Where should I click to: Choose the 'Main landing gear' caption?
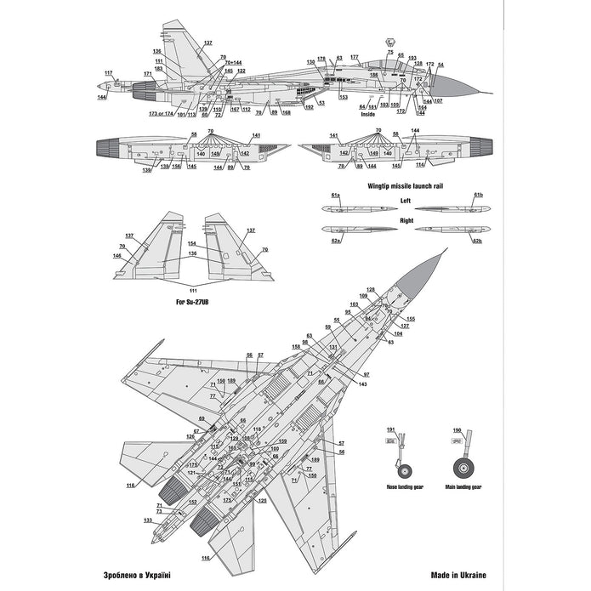click(463, 487)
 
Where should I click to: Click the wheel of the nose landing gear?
click(403, 469)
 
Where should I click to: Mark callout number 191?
click(391, 430)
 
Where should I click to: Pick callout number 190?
click(457, 430)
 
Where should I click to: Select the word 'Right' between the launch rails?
click(406, 219)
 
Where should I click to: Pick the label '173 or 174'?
click(161, 113)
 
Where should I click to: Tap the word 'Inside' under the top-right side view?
click(367, 112)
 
